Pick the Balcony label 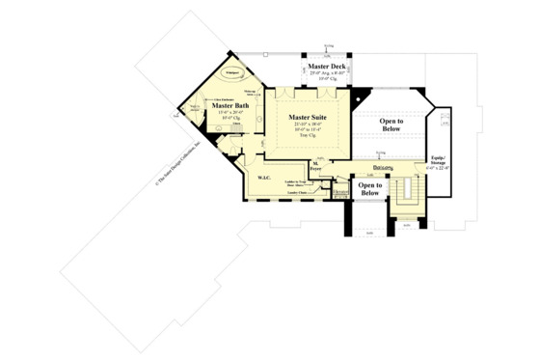coord(371,166)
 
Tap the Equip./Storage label coord(439,158)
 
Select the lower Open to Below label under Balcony coord(369,189)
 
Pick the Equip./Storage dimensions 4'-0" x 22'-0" coord(439,168)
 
